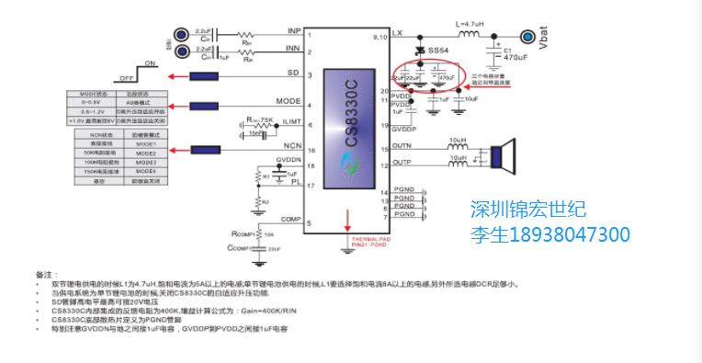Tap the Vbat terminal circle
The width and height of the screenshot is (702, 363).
[527, 36]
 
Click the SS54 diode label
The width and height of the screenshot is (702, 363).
[439, 51]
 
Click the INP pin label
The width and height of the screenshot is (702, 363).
[294, 30]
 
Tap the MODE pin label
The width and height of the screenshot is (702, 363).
[290, 101]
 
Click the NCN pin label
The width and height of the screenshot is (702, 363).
[293, 145]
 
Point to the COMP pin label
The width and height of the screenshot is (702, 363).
[291, 219]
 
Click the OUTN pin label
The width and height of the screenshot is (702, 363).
[402, 145]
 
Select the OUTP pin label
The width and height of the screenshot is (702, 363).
[402, 163]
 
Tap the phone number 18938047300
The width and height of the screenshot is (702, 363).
[569, 234]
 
